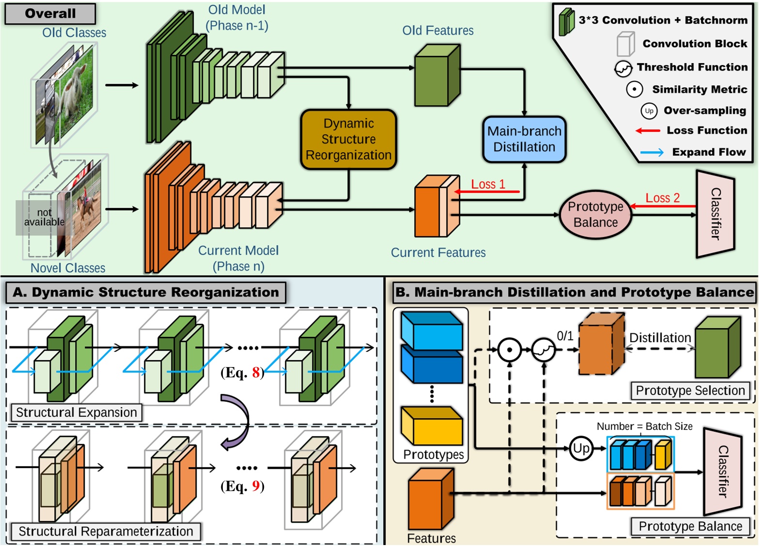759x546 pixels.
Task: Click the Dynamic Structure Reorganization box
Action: tap(348, 140)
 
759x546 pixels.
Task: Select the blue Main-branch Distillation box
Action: tap(524, 139)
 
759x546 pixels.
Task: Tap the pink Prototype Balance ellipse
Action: tap(595, 214)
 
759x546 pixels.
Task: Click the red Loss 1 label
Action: tap(488, 184)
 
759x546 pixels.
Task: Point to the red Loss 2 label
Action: tap(662, 198)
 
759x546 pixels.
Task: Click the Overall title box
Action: tap(50, 14)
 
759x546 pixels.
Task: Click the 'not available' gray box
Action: tap(44, 218)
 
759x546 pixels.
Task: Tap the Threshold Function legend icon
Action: tap(623, 68)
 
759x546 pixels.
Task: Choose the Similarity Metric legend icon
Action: tap(634, 89)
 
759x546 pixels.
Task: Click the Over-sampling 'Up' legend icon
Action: tap(649, 111)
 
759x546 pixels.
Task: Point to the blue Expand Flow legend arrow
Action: tap(651, 153)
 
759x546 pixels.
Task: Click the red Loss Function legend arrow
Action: tap(648, 131)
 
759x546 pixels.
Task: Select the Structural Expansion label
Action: tap(77, 412)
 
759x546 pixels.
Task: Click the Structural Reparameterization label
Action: tap(106, 531)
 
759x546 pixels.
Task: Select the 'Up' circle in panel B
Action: tap(581, 448)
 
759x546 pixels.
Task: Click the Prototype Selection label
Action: tap(690, 390)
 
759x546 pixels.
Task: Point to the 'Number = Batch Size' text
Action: tap(644, 426)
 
